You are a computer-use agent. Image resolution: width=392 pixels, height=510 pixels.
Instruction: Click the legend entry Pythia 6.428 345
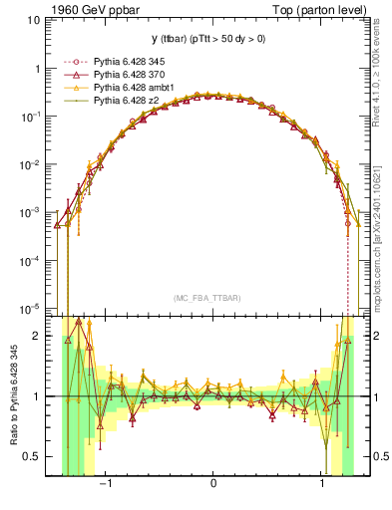coord(125,63)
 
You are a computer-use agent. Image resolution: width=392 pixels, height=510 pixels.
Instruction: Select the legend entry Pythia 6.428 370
coord(125,76)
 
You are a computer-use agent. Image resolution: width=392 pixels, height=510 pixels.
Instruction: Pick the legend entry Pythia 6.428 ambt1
coord(128,88)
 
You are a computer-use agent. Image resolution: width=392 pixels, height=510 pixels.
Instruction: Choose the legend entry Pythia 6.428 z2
coord(122,101)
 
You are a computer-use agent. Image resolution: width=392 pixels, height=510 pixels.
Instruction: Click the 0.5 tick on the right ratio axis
coord(376,456)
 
